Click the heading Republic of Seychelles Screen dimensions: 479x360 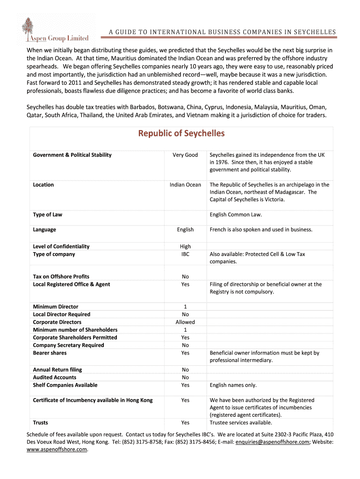[181, 133]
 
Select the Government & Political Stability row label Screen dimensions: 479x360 [72, 155]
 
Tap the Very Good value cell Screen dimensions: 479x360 [185, 155]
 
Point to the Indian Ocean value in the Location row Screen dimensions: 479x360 [185, 185]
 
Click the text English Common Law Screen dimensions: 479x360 [236, 215]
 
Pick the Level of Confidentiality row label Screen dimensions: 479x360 [61, 247]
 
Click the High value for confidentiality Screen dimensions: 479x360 [185, 247]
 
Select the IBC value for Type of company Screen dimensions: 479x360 [185, 254]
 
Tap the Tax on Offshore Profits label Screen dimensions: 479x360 [61, 276]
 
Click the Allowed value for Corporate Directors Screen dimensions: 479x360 [185, 322]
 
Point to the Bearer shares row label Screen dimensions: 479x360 [50, 353]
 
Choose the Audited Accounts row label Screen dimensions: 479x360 [54, 377]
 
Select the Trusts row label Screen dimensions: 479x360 [40, 422]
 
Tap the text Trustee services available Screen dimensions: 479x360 [241, 422]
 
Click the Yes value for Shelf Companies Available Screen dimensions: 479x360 [185, 385]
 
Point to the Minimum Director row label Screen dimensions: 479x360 [55, 307]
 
